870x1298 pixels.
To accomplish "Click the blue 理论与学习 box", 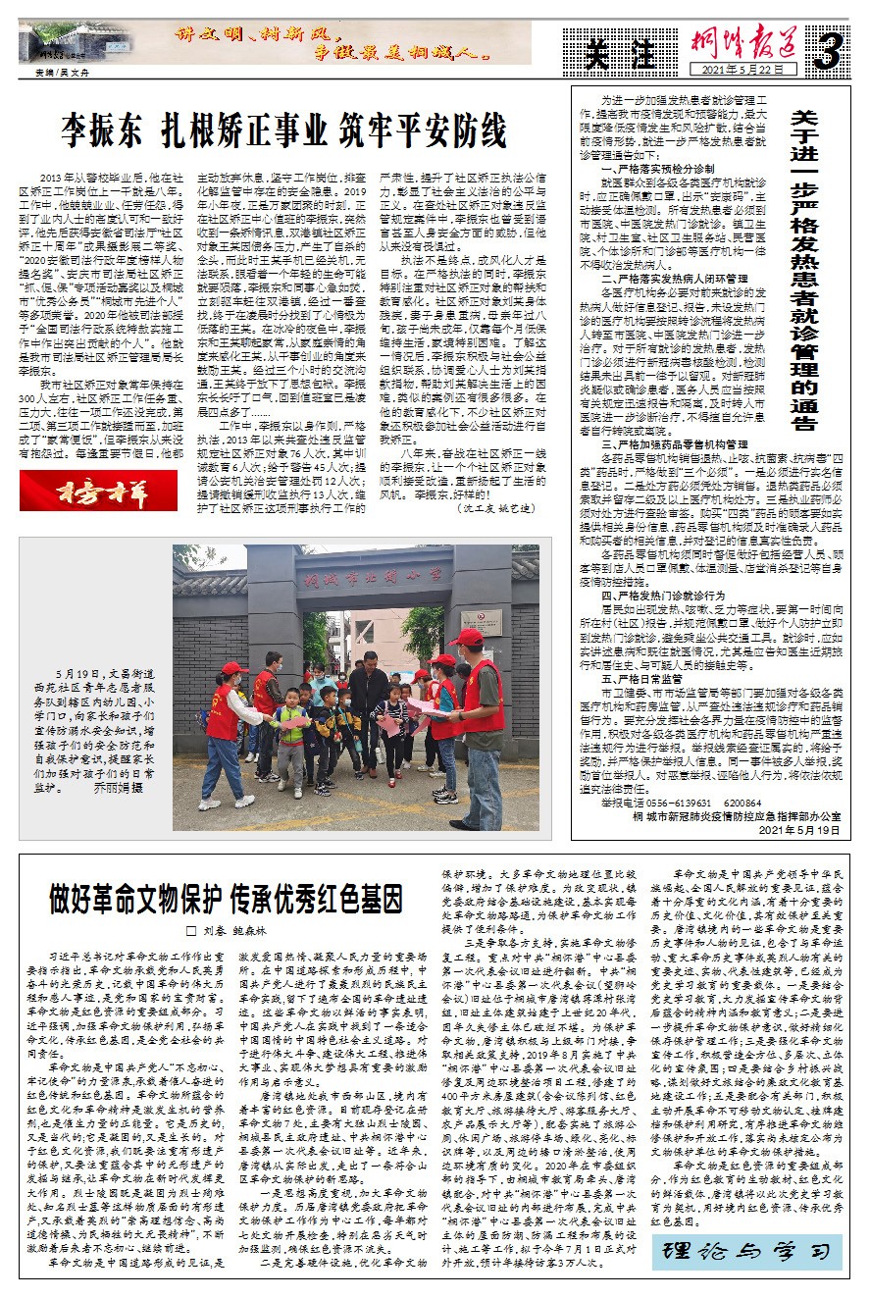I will point(747,1251).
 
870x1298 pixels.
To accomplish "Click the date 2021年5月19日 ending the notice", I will point(799,830).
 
